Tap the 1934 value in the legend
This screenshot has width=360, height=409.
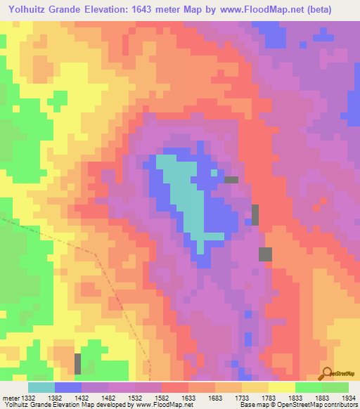point(349,398)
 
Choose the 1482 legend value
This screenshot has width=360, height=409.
point(108,398)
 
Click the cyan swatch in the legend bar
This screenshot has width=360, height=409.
point(41,387)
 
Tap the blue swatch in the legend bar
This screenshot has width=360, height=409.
point(67,387)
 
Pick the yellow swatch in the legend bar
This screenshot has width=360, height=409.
point(281,387)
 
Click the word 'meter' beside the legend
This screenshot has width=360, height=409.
point(10,398)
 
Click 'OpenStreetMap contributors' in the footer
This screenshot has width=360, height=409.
point(320,405)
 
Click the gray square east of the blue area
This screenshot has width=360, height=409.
point(265,254)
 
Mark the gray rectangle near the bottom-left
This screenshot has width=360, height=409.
point(77,363)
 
